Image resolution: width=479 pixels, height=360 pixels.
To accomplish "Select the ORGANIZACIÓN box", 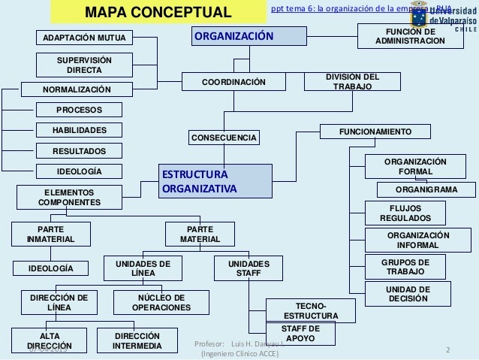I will click(248, 37).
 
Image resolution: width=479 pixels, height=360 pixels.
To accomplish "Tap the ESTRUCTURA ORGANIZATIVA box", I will click(215, 182).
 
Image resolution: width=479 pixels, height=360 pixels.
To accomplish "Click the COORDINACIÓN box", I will click(234, 81).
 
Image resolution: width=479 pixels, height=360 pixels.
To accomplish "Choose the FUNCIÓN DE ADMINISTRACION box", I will click(410, 36).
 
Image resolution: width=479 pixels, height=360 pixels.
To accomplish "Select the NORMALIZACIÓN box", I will click(76, 90).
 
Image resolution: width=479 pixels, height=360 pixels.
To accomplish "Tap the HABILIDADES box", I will click(79, 130).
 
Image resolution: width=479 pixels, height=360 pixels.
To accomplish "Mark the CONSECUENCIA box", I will click(224, 138).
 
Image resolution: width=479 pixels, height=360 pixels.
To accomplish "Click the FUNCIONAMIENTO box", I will click(375, 132).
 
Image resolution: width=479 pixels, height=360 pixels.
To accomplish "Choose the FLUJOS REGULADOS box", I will click(405, 213).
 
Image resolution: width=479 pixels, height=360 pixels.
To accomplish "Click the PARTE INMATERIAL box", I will click(50, 234).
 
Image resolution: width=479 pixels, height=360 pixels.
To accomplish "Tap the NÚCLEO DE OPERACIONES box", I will click(161, 302).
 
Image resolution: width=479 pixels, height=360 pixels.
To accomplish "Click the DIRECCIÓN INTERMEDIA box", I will click(137, 340).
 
